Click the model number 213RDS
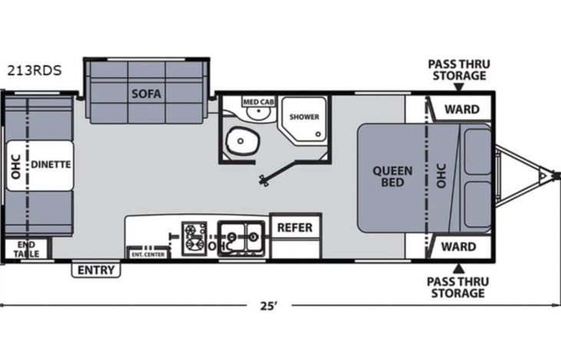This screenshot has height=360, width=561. tap(35, 71)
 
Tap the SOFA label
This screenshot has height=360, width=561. tap(147, 94)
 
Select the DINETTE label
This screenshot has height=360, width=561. tap(51, 164)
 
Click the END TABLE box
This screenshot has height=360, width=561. tap(26, 249)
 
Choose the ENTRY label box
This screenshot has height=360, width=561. tap(96, 270)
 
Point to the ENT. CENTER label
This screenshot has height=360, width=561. tap(148, 254)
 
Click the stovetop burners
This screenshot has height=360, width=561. tap(194, 238)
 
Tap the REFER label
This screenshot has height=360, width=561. tap(295, 228)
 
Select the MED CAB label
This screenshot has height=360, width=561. tap(259, 102)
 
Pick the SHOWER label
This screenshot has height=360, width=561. tap(304, 117)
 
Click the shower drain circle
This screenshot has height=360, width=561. tap(318, 134)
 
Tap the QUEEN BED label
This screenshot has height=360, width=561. tap(392, 177)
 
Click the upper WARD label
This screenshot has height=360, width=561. tap(462, 109)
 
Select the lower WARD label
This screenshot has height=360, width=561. tap(458, 246)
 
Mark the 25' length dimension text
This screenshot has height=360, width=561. tap(269, 306)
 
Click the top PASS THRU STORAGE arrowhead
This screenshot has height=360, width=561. tap(459, 88)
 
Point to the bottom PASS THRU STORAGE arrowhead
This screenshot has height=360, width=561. tap(459, 269)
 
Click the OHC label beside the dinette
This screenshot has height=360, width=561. tap(16, 167)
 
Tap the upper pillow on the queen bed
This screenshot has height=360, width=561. tap(477, 152)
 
